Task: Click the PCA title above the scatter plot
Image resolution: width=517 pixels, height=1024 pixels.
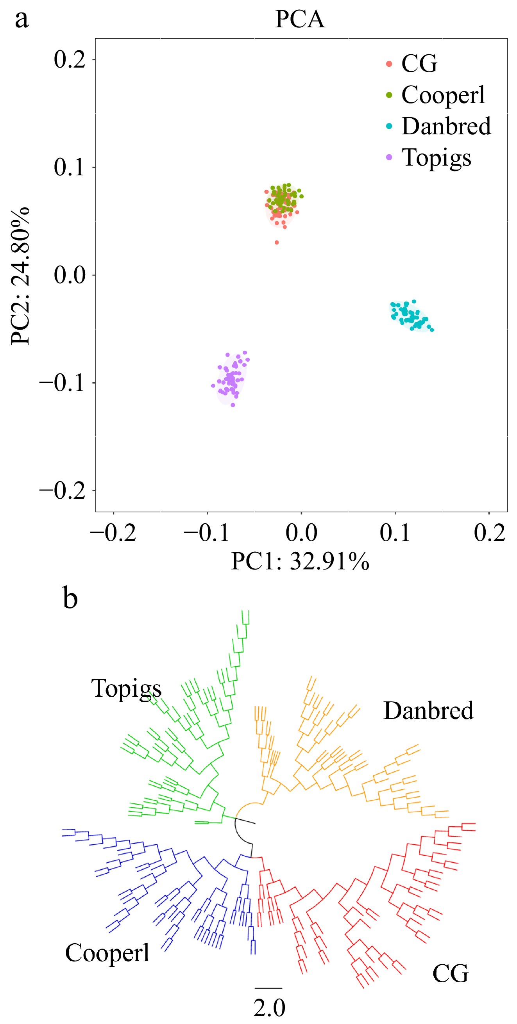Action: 300,19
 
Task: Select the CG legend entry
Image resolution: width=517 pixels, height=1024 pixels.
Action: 419,64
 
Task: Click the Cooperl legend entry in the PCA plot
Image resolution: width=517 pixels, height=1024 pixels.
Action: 442,95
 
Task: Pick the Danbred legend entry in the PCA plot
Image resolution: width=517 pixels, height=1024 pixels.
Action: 445,127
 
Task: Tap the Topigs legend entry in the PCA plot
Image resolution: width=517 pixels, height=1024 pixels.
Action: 436,158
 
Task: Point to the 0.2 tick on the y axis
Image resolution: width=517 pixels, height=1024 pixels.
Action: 70,60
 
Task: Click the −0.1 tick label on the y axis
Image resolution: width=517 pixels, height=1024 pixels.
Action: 63,383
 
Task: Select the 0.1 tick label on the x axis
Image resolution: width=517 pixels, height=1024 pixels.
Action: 395,533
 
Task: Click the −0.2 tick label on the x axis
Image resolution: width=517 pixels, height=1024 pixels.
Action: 113,533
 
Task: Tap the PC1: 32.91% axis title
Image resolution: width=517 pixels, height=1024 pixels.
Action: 300,561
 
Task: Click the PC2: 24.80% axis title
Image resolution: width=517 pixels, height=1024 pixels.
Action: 20,275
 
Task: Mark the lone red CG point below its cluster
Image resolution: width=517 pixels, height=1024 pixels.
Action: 277,243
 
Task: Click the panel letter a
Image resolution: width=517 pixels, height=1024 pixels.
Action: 22,19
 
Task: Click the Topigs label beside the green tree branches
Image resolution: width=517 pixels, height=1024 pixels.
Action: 127,689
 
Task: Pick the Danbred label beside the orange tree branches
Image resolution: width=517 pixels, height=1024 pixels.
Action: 428,711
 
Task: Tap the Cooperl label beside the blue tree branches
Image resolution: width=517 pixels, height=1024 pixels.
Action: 107,953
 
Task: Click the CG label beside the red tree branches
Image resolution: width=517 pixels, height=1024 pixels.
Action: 450,974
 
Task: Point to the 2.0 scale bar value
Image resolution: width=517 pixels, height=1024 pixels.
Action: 269,1008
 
